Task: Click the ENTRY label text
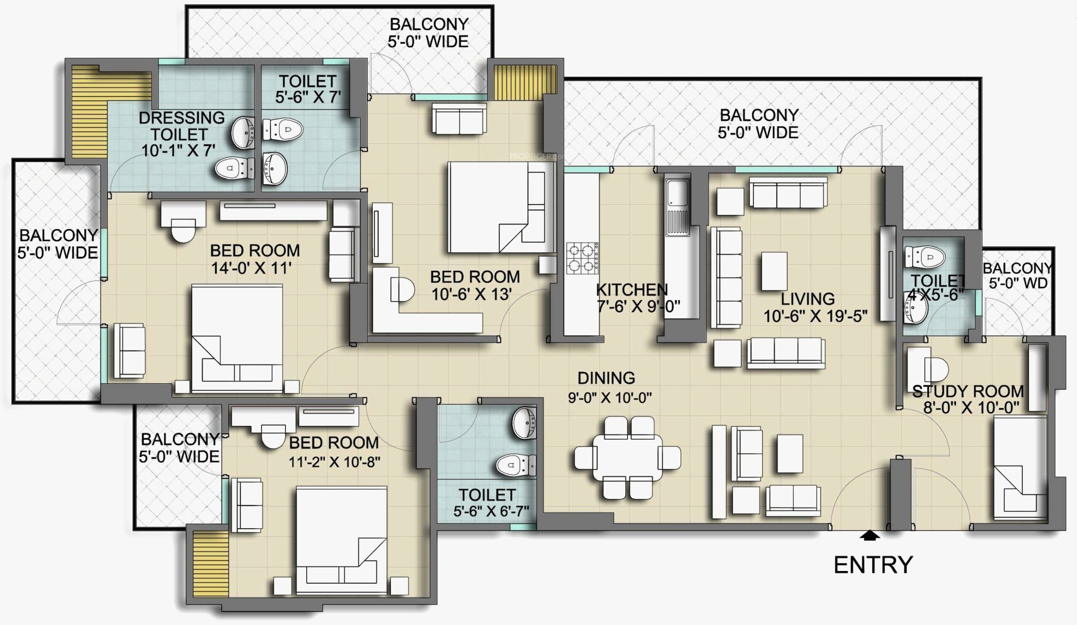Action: (873, 565)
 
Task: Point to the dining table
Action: (627, 463)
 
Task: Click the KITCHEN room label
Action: (631, 290)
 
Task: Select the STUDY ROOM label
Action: (968, 391)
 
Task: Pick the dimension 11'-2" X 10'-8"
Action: (334, 462)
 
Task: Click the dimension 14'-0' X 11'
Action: (251, 268)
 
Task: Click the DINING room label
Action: (606, 378)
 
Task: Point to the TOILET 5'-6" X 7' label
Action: (307, 89)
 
